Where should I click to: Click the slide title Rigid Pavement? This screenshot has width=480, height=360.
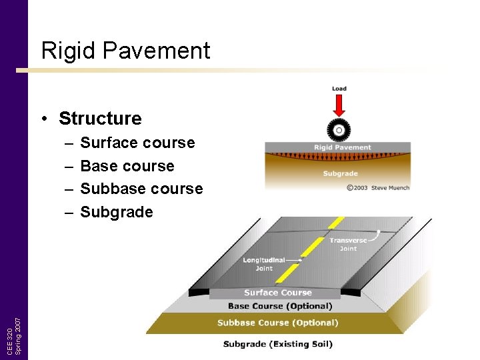pyautogui.click(x=125, y=51)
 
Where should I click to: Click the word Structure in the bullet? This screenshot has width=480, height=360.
pyautogui.click(x=100, y=119)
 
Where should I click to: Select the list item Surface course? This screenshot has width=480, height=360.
pyautogui.click(x=137, y=143)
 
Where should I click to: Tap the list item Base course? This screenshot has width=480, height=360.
pyautogui.click(x=127, y=166)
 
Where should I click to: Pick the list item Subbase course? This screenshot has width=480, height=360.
pyautogui.click(x=141, y=189)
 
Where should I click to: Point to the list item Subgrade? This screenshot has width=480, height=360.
pyautogui.click(x=117, y=212)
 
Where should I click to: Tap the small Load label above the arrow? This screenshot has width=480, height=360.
pyautogui.click(x=339, y=89)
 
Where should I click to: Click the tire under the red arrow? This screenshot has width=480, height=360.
pyautogui.click(x=339, y=129)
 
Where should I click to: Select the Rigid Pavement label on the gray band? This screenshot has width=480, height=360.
pyautogui.click(x=343, y=147)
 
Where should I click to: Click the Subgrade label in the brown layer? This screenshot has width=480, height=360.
pyautogui.click(x=341, y=173)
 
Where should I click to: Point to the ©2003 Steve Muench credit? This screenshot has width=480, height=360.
pyautogui.click(x=378, y=187)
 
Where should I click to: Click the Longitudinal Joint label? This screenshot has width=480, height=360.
pyautogui.click(x=263, y=264)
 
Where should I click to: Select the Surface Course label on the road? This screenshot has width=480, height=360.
pyautogui.click(x=278, y=293)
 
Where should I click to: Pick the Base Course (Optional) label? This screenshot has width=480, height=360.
pyautogui.click(x=280, y=307)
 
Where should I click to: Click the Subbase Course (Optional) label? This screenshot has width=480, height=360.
pyautogui.click(x=277, y=323)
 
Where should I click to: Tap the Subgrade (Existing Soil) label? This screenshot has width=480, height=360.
pyautogui.click(x=277, y=345)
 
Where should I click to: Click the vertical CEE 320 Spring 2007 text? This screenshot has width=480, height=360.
pyautogui.click(x=15, y=327)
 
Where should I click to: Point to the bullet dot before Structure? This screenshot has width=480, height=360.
pyautogui.click(x=44, y=119)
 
